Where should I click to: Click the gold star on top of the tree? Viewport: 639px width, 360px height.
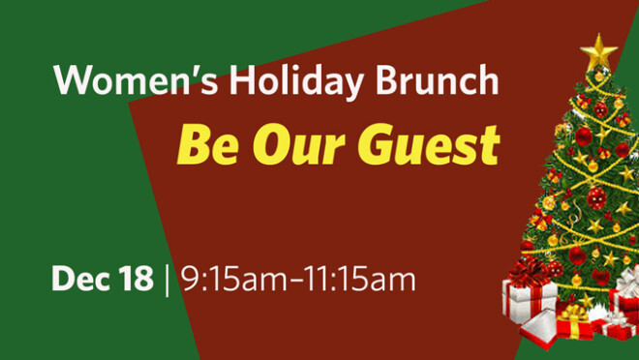600,50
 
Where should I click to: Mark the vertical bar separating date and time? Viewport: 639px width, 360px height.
167,280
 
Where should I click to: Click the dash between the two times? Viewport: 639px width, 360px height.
295,282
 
